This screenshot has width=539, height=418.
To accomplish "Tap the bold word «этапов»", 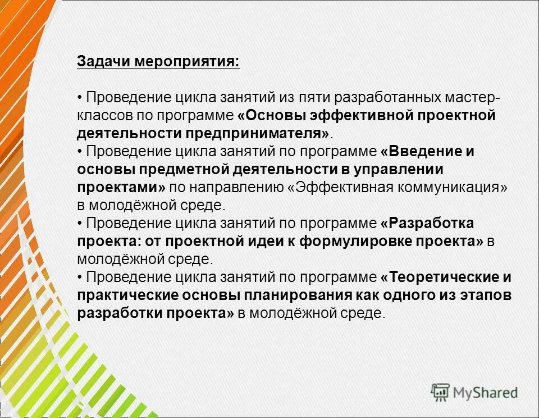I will [488, 295].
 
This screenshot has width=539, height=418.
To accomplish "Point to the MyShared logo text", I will [485, 393].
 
